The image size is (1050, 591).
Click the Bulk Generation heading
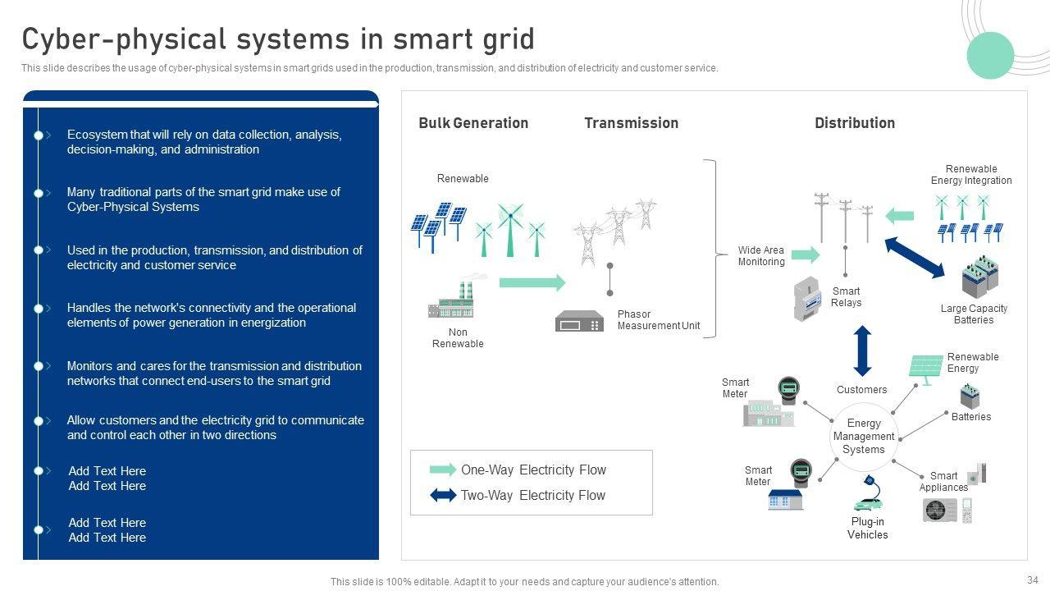(x=473, y=123)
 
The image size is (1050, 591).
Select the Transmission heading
(x=631, y=123)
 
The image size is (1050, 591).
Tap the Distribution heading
(x=854, y=123)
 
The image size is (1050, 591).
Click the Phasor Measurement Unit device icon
(x=579, y=321)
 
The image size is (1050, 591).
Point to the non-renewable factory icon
(x=453, y=302)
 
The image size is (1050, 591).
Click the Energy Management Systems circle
(x=863, y=437)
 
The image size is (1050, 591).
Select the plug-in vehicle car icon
(x=868, y=502)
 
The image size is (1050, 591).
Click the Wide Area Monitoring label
(x=760, y=256)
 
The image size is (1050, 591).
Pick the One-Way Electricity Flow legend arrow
(x=443, y=470)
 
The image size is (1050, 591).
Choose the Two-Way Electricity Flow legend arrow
(x=443, y=496)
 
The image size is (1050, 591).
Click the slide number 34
(x=1032, y=580)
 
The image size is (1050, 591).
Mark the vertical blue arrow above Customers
(x=862, y=350)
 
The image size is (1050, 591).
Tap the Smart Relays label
(x=846, y=297)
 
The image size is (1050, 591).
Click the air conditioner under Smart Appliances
(x=939, y=511)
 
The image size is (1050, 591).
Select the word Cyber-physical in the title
(x=123, y=39)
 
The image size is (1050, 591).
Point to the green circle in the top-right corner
(x=990, y=56)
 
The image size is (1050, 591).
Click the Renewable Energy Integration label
(x=971, y=175)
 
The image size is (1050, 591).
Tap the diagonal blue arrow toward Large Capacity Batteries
(x=915, y=258)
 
